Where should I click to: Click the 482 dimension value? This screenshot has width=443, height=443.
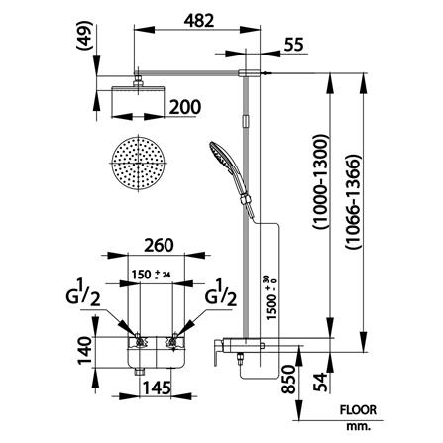coord(199,21)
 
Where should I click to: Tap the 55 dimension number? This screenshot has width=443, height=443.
coord(293,45)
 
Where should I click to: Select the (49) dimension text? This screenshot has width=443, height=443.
coord(84,36)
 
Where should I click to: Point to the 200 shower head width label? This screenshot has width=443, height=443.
coord(185,107)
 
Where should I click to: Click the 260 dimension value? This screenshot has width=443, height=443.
coord(159,245)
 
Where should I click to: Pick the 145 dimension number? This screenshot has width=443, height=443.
coord(157,388)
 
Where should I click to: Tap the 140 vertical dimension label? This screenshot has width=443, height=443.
coord(84,350)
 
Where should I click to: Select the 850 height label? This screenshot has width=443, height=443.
coord(288,379)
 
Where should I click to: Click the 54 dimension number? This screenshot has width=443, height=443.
coord(321,382)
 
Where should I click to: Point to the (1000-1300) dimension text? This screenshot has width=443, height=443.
coord(320,182)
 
